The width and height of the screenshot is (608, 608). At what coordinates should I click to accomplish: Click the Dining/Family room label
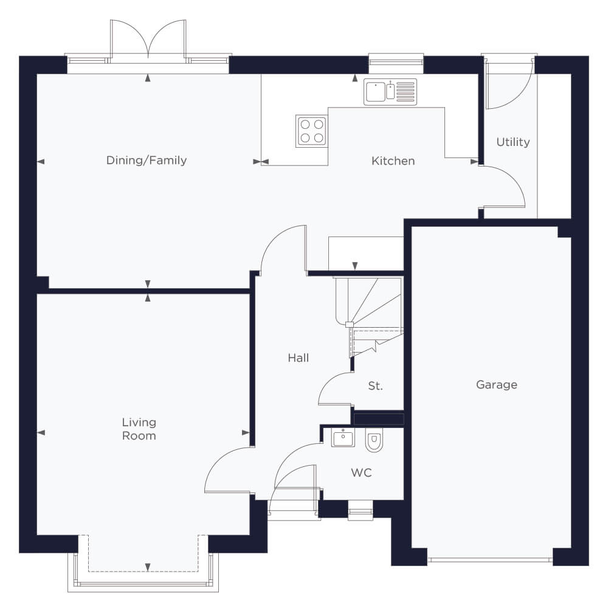(146, 160)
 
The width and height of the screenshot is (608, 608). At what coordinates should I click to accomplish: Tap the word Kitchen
(393, 161)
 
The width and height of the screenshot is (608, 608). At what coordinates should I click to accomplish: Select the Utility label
(513, 142)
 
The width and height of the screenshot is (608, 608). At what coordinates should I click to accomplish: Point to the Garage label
(496, 385)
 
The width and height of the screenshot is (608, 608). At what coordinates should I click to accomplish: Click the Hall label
(298, 358)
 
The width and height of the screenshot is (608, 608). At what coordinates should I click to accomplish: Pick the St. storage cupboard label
(375, 386)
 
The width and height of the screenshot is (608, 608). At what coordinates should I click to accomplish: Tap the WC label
(361, 472)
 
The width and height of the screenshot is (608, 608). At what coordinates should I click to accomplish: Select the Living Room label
(139, 429)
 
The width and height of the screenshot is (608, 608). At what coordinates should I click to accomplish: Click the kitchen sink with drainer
(390, 92)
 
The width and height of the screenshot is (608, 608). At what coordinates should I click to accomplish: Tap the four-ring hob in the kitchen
(311, 131)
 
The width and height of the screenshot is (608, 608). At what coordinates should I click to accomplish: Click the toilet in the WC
(374, 440)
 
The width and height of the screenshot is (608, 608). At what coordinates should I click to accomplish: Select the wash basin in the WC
(343, 437)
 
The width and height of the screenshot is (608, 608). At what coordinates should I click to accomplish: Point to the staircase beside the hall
(369, 317)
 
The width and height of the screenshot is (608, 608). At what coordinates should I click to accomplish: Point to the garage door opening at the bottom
(489, 559)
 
